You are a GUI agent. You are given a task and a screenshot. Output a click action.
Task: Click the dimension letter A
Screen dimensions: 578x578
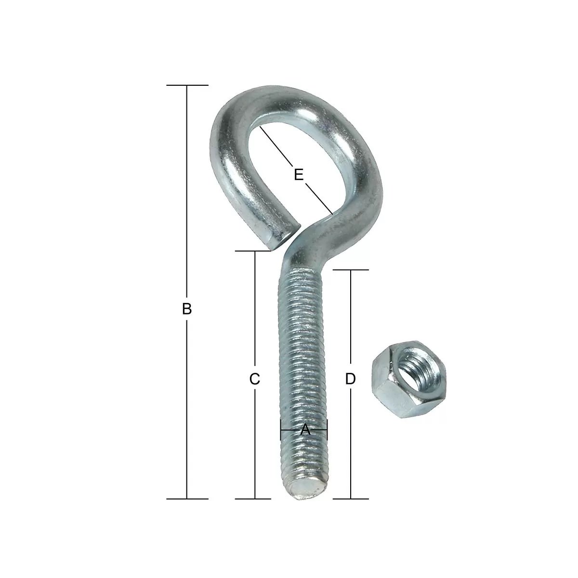tap(304, 430)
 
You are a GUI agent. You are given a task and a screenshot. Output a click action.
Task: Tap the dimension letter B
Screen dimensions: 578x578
tap(187, 308)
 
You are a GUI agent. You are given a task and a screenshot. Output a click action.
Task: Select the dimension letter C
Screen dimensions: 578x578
tap(255, 379)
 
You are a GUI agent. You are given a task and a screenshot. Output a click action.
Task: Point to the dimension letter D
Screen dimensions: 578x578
tap(350, 379)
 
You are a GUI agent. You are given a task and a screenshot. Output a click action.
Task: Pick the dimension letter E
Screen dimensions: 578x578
tap(299, 174)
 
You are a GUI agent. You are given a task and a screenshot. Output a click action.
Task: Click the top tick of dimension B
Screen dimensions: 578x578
tap(187, 85)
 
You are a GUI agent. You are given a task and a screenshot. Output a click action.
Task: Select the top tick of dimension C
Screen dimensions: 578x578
tap(255, 251)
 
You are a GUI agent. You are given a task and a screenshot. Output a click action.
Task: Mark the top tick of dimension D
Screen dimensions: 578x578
tap(350, 270)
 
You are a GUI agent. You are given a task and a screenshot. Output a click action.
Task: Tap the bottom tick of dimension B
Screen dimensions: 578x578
tap(187, 499)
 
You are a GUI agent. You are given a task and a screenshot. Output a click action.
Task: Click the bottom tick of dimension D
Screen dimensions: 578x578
tap(350, 499)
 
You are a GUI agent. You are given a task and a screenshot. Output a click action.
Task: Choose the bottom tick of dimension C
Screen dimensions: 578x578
tap(255, 499)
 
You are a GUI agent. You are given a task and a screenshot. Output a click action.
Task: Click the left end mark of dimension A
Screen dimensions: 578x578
tap(281, 430)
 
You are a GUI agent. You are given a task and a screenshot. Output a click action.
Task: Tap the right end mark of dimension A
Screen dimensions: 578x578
tap(327, 430)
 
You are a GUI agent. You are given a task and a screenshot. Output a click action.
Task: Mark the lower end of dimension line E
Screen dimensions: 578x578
tap(332, 213)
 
